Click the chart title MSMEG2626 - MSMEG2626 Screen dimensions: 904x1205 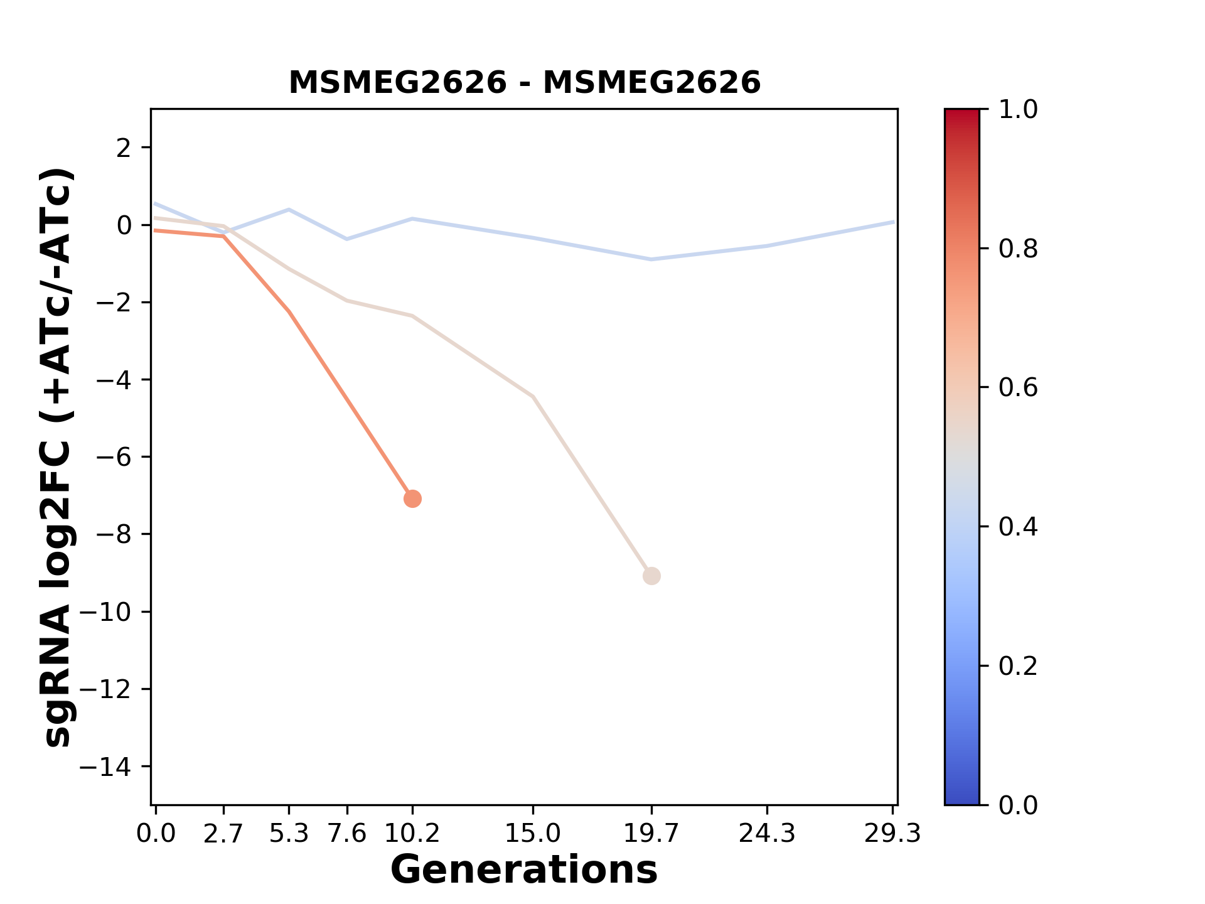point(524,83)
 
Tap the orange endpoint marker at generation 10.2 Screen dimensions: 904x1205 point(412,499)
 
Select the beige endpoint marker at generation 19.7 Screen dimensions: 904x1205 point(651,576)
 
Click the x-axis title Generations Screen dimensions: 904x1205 point(524,870)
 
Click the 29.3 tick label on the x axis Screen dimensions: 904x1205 point(892,834)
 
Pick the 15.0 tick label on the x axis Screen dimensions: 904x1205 point(533,834)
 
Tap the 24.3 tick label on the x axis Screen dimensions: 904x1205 point(767,834)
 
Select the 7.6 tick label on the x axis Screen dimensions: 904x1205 point(347,834)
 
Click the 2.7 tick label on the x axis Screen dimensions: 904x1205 point(223,834)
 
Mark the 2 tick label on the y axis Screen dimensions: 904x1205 point(124,148)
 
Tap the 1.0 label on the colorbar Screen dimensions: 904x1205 point(1018,110)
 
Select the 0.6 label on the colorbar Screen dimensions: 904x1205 point(1018,388)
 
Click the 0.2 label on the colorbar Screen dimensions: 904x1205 point(1018,666)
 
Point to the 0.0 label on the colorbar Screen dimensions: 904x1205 point(1018,805)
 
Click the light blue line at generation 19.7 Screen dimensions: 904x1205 point(651,259)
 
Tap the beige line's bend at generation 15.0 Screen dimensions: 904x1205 point(533,397)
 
